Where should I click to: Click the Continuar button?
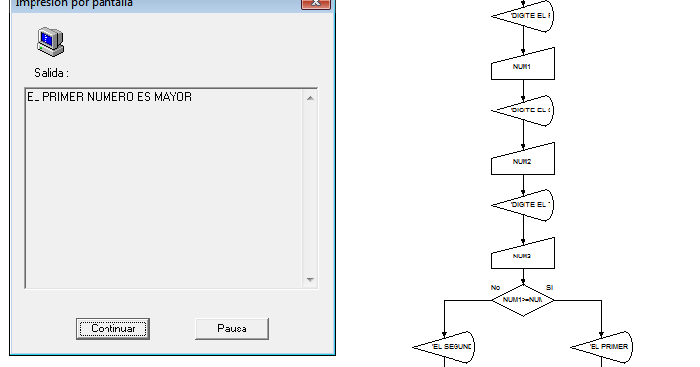click(112, 329)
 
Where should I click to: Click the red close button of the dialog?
click(315, 4)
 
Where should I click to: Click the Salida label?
click(51, 73)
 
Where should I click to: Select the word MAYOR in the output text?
click(173, 97)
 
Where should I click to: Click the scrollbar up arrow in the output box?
click(311, 97)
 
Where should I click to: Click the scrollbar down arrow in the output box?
click(311, 281)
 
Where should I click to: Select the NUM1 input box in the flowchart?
click(523, 67)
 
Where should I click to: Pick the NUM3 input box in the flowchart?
click(523, 256)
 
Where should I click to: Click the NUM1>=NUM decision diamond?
click(523, 299)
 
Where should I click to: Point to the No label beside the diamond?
click(495, 287)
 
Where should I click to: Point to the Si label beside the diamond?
click(550, 287)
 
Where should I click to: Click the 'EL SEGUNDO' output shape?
click(445, 346)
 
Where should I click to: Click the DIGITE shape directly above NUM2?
click(523, 110)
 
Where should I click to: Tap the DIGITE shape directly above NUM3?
click(523, 204)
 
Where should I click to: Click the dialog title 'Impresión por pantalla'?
click(74, 4)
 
